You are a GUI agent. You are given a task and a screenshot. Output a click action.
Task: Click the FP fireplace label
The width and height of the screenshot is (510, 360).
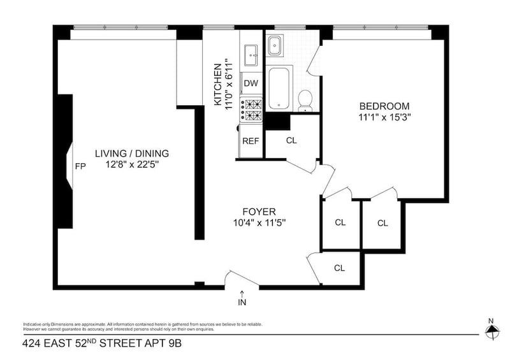coord(80,166)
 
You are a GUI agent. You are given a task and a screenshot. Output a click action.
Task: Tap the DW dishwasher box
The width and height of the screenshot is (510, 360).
coord(251,83)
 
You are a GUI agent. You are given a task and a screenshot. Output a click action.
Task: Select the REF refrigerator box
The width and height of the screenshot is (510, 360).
coord(251,141)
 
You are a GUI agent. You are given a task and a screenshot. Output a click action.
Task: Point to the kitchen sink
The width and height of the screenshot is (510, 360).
coord(251,55)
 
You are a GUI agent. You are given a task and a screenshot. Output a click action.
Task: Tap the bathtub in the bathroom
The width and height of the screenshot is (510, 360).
coord(279,88)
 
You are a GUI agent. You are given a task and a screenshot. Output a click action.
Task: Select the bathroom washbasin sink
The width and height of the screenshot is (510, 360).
coord(275,45)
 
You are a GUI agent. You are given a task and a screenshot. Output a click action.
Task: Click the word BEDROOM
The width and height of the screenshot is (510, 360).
coord(384,106)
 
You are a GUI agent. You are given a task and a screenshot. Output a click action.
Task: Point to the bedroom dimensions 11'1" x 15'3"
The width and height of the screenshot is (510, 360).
coord(384,117)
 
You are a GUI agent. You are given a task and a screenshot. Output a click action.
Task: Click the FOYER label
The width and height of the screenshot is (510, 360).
coord(259,212)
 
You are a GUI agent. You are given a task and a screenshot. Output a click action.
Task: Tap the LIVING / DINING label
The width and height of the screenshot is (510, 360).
coord(132,154)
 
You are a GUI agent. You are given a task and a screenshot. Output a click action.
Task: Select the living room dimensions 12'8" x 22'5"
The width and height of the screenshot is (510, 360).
coord(132,165)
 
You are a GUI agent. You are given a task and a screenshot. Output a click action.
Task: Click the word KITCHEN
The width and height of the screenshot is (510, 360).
coord(217,85)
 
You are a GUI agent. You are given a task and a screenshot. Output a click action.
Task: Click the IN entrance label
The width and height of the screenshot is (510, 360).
coord(242,303)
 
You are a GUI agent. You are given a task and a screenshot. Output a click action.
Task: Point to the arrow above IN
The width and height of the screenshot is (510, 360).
coord(242,293)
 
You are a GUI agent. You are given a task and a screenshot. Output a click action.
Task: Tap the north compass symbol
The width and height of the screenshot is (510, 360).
coord(492,331)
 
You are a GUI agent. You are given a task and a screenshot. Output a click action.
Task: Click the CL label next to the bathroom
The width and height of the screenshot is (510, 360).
coord(291,140)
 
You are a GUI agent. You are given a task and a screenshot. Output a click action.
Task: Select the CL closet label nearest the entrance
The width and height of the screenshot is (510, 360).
coord(339,268)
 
